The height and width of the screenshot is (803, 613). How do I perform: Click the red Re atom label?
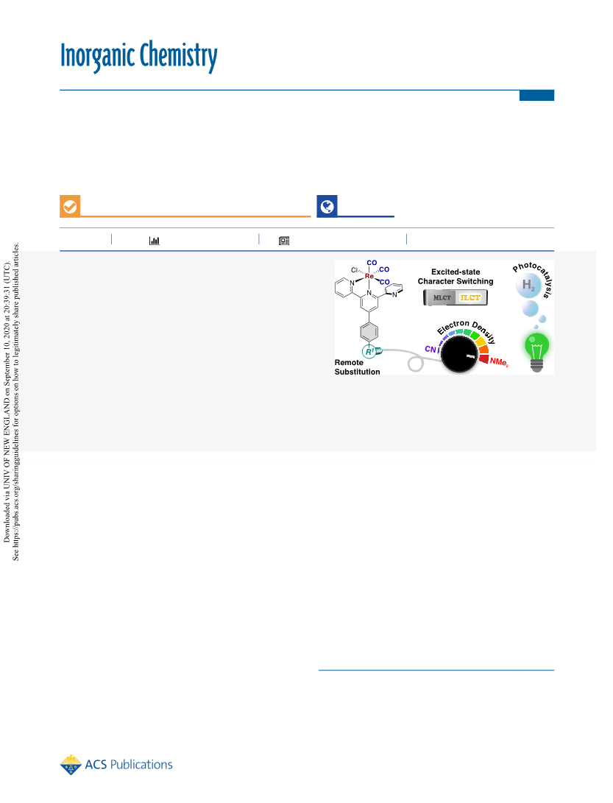pos(369,276)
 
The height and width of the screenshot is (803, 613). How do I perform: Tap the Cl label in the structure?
pos(354,270)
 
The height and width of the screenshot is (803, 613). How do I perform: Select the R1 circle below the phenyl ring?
pos(369,352)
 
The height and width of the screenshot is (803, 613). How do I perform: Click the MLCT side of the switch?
pos(441,297)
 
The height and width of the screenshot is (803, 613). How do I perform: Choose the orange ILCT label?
pos(470,297)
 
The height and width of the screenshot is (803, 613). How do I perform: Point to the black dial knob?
pos(459,354)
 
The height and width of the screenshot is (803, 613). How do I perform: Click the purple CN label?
pos(430,350)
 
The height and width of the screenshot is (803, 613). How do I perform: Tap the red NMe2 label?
pos(499,361)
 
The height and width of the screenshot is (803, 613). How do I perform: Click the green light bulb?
pos(536,351)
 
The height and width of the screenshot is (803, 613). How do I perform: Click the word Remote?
pos(349,363)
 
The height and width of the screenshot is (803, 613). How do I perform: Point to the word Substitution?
pos(357,372)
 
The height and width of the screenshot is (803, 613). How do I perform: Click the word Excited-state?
pos(456,272)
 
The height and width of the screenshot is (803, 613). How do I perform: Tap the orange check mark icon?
pos(70,206)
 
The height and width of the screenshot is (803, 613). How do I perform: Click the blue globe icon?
pos(327,206)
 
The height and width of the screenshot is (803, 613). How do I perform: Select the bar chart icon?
pos(154,241)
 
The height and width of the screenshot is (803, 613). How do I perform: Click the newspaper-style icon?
pos(284,241)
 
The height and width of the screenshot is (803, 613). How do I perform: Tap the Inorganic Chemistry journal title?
pos(139,56)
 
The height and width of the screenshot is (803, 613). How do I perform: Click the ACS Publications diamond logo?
pos(71,765)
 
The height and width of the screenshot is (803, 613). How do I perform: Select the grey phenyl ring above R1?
pos(369,332)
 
